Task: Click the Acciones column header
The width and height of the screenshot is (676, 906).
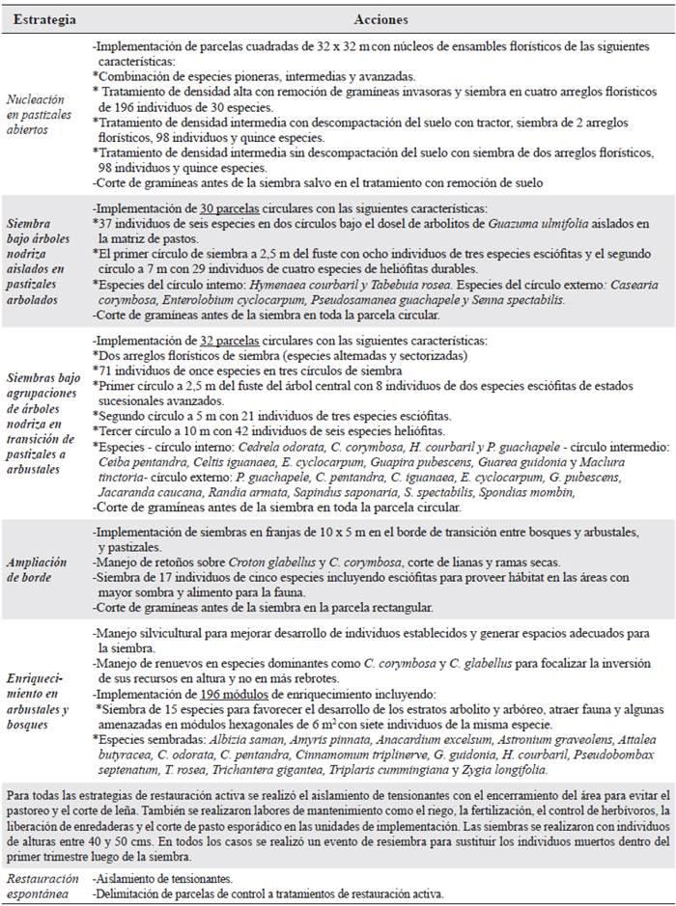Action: [380, 19]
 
